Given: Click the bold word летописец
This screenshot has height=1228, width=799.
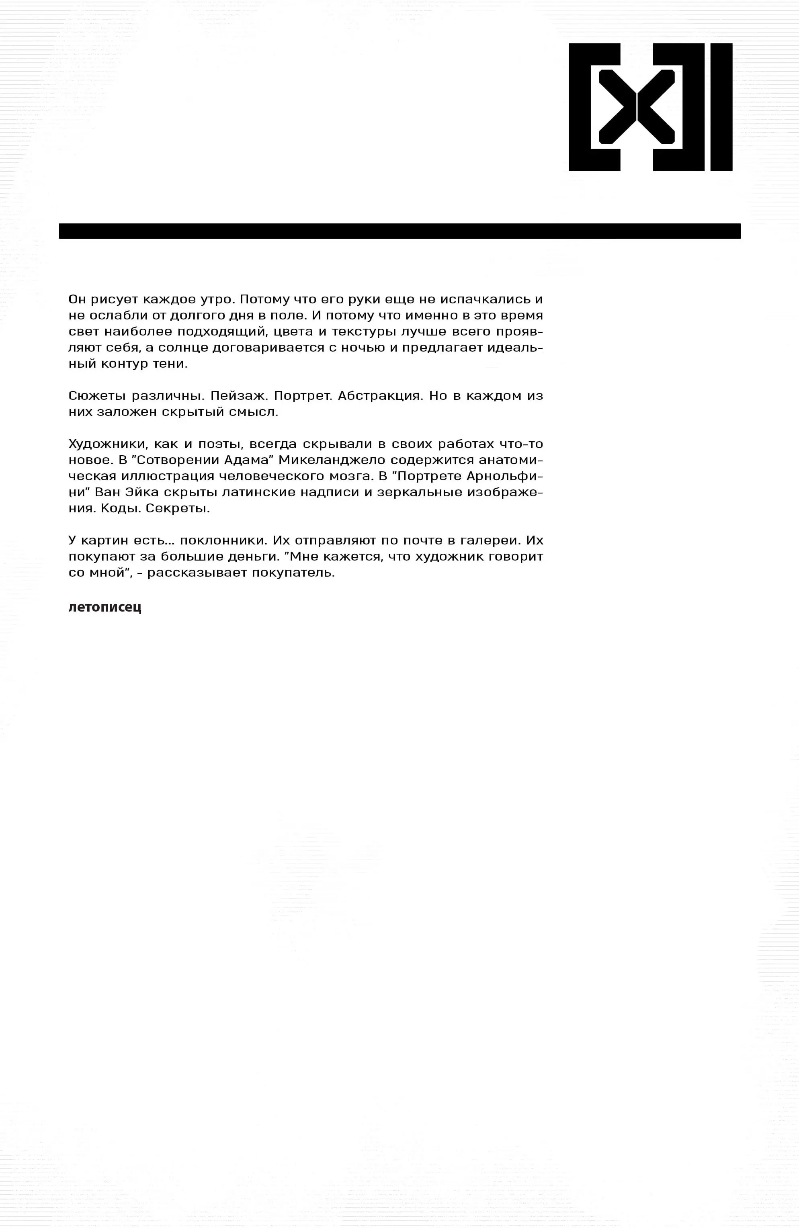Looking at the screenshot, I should pyautogui.click(x=105, y=607).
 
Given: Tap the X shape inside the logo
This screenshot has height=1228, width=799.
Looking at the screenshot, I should pyautogui.click(x=637, y=107).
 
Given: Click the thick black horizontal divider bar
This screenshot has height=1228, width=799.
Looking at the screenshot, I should pyautogui.click(x=399, y=231).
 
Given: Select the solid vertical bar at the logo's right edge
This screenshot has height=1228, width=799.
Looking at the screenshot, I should pyautogui.click(x=721, y=107).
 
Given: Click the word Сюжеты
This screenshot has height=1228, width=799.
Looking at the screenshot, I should pyautogui.click(x=96, y=396).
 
